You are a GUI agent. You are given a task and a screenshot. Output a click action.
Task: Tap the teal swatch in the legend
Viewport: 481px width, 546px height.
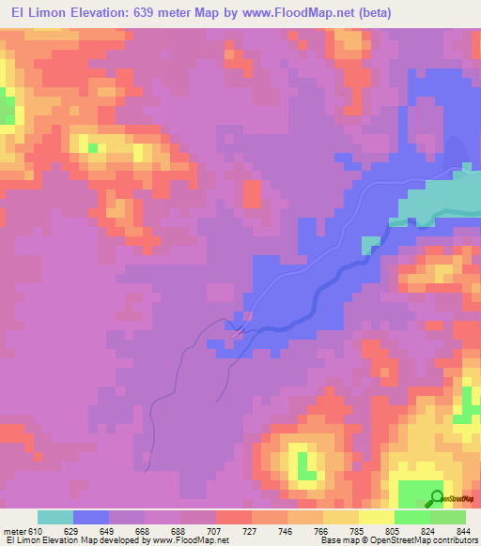click(x=55, y=517)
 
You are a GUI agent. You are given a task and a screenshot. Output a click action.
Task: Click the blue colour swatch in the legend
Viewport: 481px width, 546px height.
click(x=91, y=517)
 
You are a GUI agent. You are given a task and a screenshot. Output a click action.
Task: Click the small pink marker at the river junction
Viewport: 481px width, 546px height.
click(x=239, y=330)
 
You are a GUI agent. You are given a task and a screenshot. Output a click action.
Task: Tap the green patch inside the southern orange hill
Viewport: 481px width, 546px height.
click(x=305, y=463)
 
